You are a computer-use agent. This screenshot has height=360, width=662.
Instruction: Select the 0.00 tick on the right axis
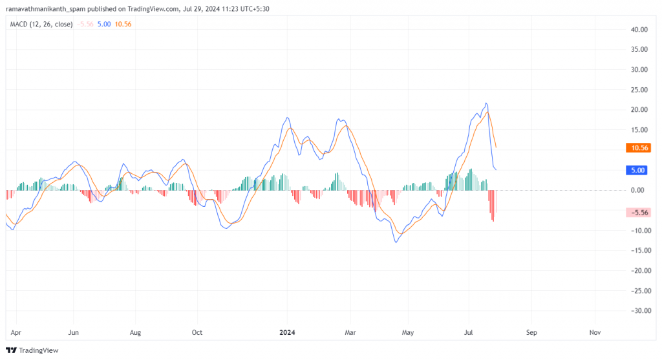(x=640, y=190)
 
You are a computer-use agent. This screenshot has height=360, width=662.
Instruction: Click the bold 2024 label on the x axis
(x=287, y=332)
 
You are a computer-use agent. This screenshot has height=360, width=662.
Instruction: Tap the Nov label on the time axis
(x=595, y=332)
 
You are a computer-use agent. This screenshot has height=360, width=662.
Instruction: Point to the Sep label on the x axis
(x=531, y=332)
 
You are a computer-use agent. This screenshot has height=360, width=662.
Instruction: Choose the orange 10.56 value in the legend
(x=123, y=24)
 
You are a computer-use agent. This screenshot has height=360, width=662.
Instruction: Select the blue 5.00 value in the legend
(x=104, y=24)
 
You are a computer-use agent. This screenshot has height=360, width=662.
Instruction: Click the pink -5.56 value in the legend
(x=85, y=24)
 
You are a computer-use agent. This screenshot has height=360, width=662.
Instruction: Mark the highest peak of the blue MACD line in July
(x=486, y=103)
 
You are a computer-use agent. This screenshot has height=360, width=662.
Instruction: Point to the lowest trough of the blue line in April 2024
(x=396, y=242)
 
